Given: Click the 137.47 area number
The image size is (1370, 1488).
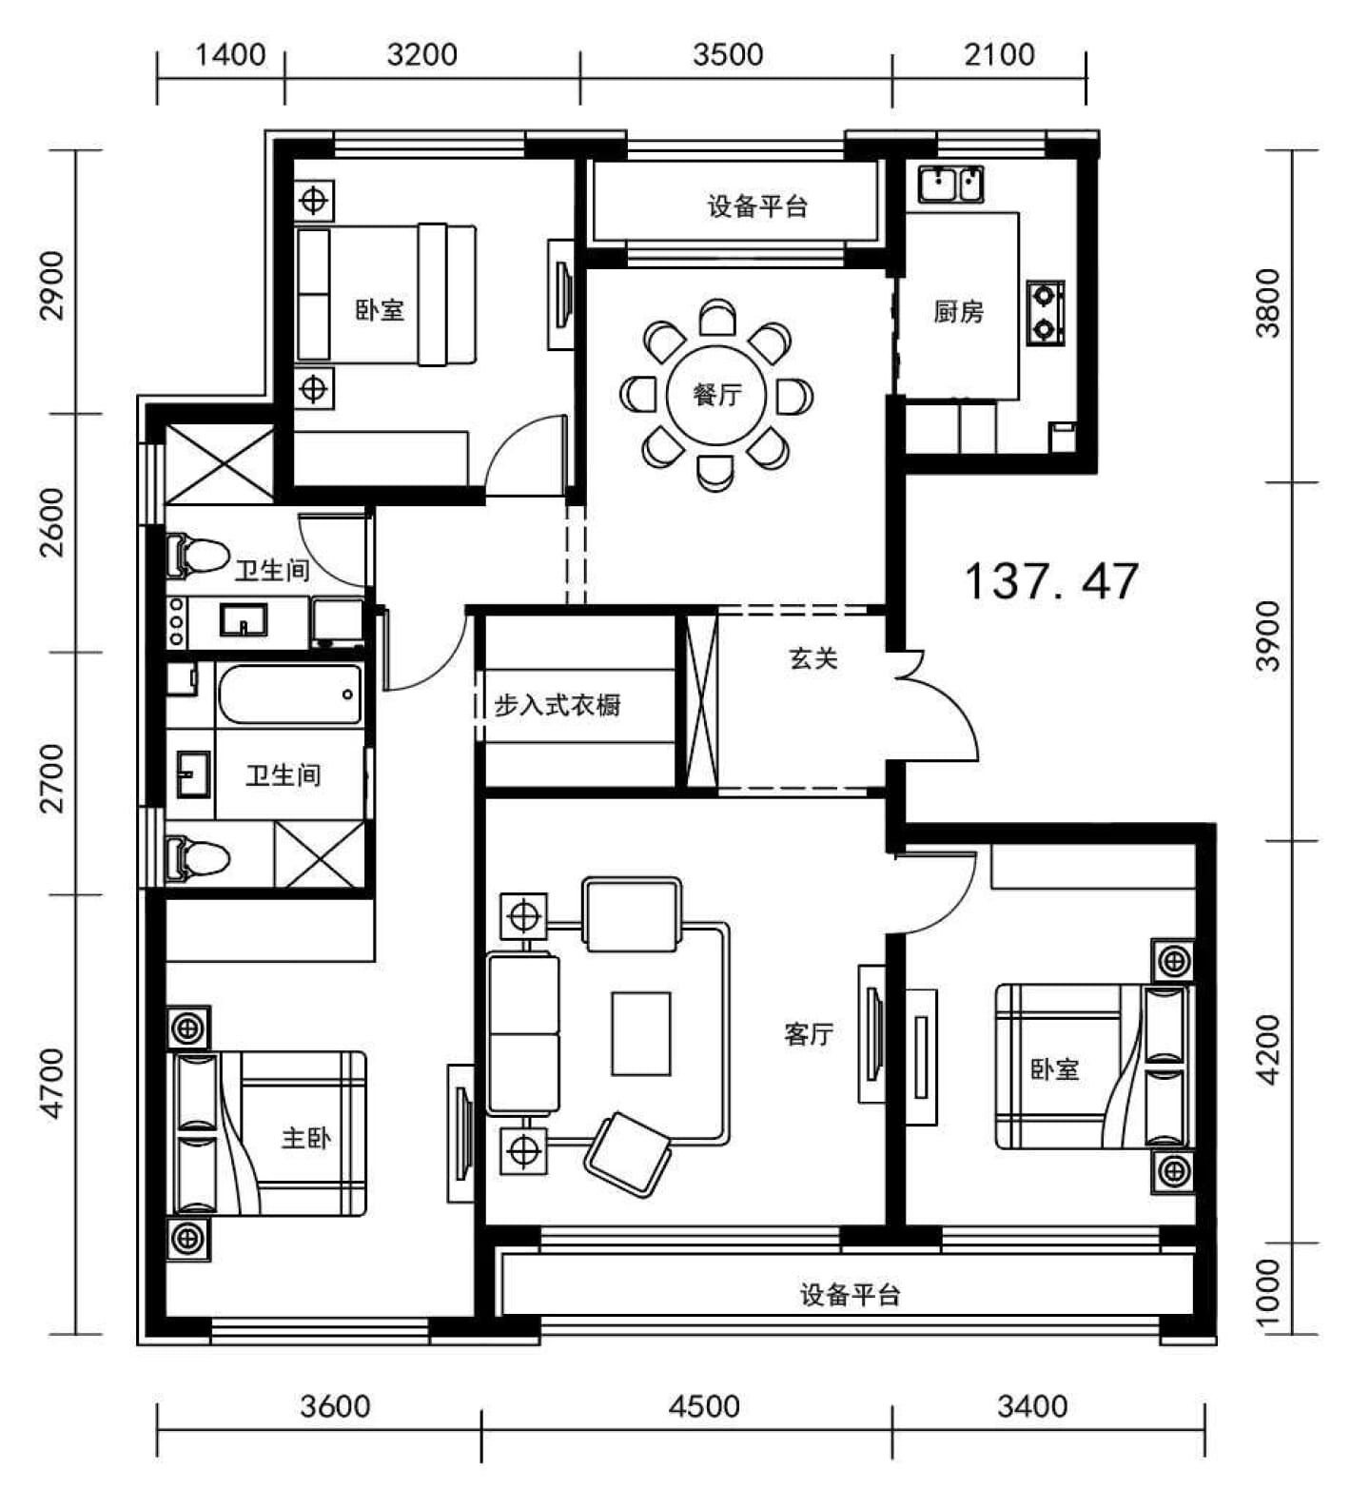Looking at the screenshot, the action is coord(1051,580).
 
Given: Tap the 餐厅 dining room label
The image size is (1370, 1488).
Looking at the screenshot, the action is coord(717,394).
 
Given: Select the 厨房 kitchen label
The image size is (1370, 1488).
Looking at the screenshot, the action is coord(958,311).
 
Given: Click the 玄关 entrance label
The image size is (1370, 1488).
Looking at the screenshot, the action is coord(813,657).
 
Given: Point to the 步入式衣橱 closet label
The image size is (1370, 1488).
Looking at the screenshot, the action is coord(558,705).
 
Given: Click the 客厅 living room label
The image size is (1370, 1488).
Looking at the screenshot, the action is coord(809,1034).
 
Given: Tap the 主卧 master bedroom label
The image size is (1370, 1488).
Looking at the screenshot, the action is coord(306,1137).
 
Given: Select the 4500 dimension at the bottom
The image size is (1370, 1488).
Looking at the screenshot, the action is coord(704,1406).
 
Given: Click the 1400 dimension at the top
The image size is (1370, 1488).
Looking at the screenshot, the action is coord(230,54).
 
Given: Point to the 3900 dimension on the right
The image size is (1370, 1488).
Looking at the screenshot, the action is coord(1268,636).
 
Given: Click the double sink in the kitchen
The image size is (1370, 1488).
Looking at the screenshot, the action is coord(950,184).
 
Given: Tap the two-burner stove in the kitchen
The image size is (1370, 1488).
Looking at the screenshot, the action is coord(1046,311).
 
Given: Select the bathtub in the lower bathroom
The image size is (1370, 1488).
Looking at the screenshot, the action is coord(290,695).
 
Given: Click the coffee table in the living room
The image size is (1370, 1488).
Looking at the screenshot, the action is coord(641,1033).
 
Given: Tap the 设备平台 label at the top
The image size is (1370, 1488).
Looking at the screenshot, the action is coord(757,206).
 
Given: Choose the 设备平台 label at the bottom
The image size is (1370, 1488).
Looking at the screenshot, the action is coord(850,1294).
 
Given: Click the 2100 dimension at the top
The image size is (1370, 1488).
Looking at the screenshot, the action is coord(999,54).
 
